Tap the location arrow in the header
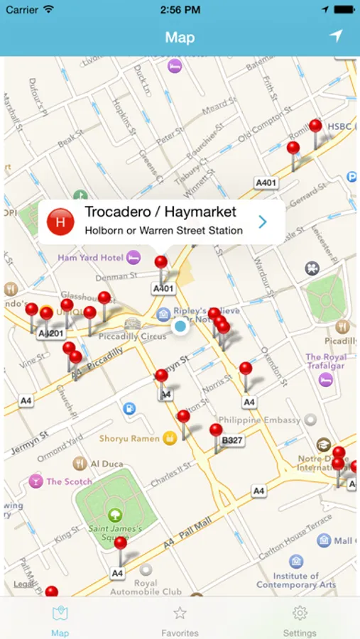(x=335, y=36)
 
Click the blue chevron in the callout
(x=263, y=222)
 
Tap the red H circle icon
(x=60, y=222)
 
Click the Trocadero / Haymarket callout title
(x=160, y=212)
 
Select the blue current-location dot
(x=180, y=326)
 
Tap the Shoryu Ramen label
(x=129, y=439)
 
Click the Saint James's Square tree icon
(x=115, y=514)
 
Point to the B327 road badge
(x=232, y=441)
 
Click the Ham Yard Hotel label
(x=91, y=258)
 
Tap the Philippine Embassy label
(x=259, y=420)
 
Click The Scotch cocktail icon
(x=35, y=481)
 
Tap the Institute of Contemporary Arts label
(x=296, y=580)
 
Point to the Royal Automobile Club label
(x=146, y=588)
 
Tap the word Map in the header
(x=180, y=37)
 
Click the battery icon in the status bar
(x=344, y=10)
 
